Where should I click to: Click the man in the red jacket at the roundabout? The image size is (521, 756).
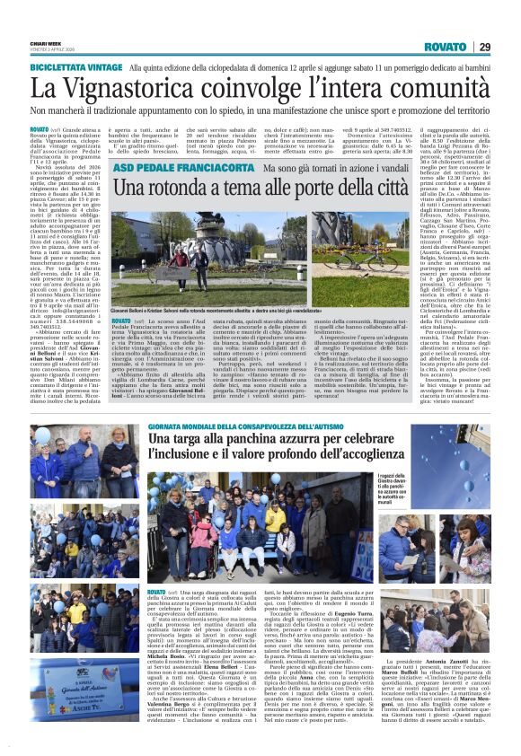pos(206,259)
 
